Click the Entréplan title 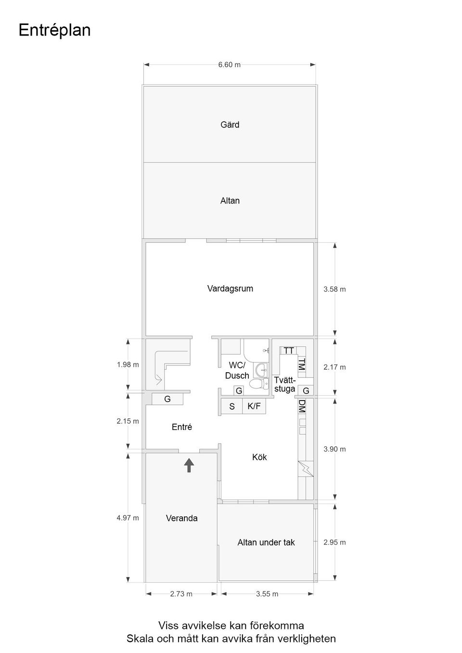[54, 30]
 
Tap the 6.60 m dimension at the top [229, 64]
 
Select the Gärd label [230, 125]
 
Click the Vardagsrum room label [230, 289]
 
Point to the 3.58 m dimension [334, 289]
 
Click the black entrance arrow [189, 465]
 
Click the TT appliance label [288, 351]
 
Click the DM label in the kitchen [302, 406]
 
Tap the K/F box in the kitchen [254, 406]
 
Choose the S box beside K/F [231, 406]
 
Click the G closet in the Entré [167, 399]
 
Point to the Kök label [259, 457]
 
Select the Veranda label [181, 518]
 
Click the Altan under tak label [266, 542]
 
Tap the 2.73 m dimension [181, 594]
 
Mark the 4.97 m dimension [128, 518]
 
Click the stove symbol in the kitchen [305, 468]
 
